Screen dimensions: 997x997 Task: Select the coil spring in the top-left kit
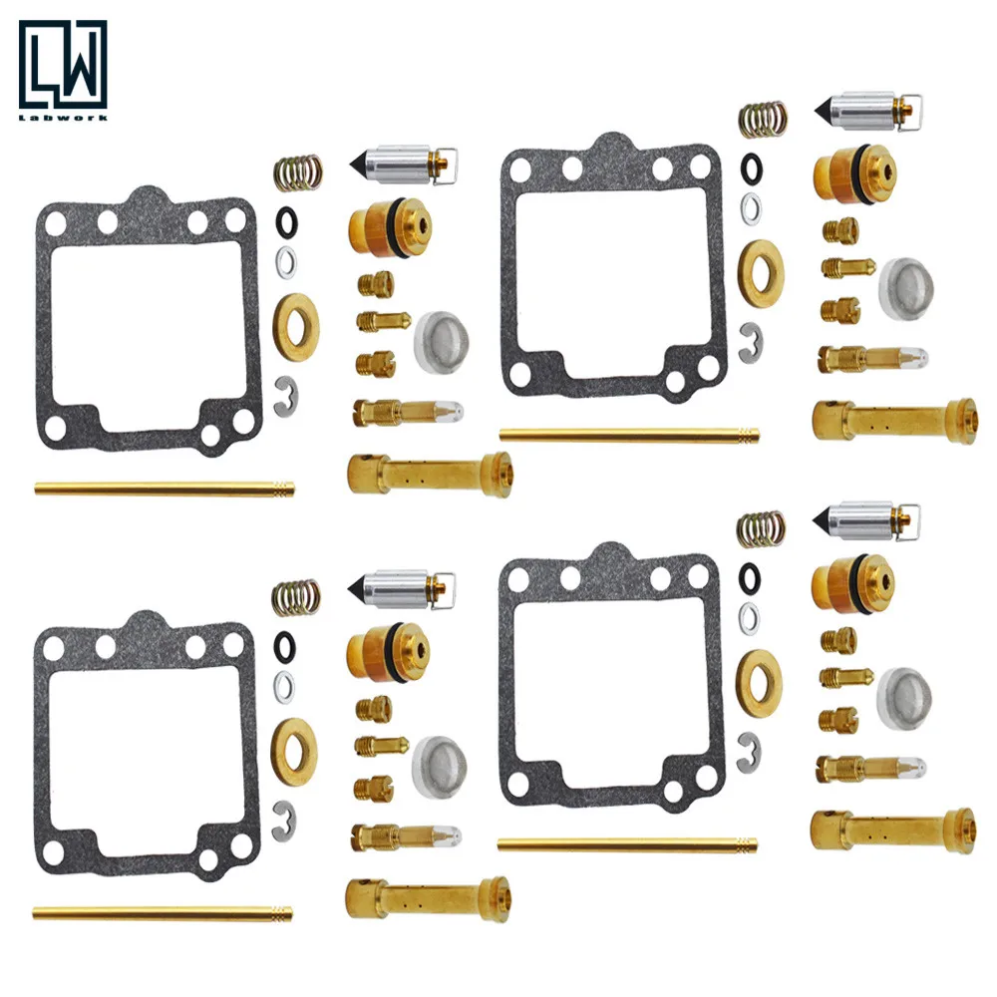297,173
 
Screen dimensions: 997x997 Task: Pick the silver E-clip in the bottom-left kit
284,817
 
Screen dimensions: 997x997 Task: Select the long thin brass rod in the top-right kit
628,436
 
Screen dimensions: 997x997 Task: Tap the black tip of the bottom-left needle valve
356,587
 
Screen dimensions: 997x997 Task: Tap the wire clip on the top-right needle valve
909,110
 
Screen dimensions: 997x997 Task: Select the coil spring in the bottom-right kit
762,529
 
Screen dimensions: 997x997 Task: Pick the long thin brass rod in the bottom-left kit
163,912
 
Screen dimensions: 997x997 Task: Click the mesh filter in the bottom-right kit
904,699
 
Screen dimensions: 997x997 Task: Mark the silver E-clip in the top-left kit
284,394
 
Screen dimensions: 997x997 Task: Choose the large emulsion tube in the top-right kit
894,420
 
